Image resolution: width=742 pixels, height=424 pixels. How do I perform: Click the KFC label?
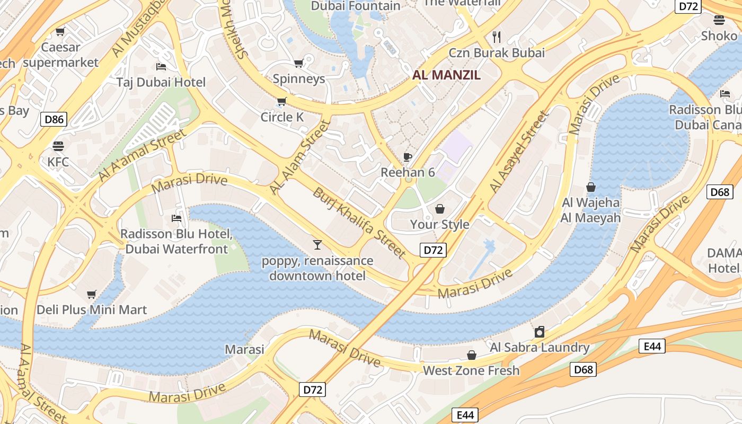[x=58, y=162]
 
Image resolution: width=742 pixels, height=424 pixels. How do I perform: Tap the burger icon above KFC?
[x=58, y=146]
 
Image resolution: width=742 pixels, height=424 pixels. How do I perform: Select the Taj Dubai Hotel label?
[x=161, y=82]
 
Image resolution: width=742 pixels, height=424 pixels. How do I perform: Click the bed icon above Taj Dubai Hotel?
[x=161, y=66]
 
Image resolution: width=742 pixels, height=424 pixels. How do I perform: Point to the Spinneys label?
[x=299, y=79]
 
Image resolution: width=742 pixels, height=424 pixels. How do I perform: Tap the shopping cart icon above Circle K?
[x=282, y=101]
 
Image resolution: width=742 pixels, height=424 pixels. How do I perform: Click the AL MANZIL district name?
[x=447, y=75]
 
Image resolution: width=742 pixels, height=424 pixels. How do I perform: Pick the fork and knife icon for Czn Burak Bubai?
[x=497, y=37]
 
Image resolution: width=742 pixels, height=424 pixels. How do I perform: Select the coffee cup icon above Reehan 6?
[x=408, y=157]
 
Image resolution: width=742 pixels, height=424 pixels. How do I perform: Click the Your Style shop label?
[x=439, y=224]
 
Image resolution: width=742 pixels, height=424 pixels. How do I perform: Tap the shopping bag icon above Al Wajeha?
[x=591, y=187]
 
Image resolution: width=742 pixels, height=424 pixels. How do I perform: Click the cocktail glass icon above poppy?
[x=317, y=244]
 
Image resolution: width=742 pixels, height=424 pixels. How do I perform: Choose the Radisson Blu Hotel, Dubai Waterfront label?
[x=176, y=241]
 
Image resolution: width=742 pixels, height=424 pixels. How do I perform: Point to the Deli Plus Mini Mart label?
[x=92, y=310]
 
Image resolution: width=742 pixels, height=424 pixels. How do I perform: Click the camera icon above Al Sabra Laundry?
[x=540, y=332]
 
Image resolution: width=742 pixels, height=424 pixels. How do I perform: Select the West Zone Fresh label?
[x=471, y=370]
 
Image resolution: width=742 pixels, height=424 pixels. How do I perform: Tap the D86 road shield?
[x=54, y=119]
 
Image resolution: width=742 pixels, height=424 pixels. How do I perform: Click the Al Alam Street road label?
[x=300, y=157]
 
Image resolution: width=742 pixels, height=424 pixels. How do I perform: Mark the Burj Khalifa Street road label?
[x=359, y=223]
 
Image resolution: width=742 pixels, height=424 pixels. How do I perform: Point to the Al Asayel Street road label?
[x=518, y=152]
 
